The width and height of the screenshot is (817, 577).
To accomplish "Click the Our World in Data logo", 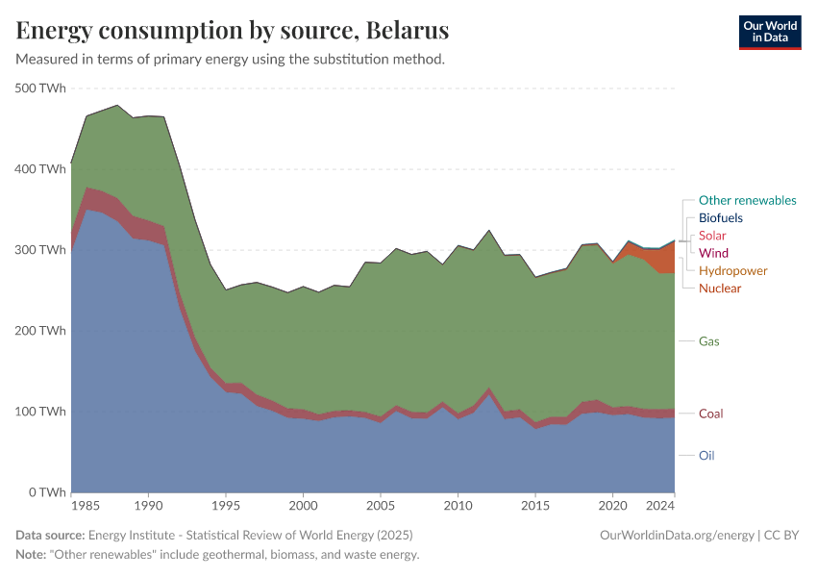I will [769, 32].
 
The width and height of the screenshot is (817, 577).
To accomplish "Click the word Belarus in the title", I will [408, 31].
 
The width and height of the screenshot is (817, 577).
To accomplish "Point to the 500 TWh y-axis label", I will [40, 88].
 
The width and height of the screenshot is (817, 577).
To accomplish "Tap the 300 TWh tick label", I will [40, 250].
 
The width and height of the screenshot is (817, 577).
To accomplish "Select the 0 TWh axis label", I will [46, 492].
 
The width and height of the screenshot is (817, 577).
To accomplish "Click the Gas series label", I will [709, 341].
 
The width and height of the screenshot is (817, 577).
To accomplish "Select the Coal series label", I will [711, 414].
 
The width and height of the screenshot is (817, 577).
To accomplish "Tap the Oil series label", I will [706, 456].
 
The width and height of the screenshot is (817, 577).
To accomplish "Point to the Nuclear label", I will [720, 288].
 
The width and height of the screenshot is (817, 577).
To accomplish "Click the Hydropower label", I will [732, 271].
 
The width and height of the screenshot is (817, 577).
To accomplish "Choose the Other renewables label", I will [747, 201].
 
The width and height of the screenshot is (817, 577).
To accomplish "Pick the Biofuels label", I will [720, 218].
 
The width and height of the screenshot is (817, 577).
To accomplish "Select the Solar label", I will [712, 236].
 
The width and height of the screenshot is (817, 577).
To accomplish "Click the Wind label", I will [713, 253].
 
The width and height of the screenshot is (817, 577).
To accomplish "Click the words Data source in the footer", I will [50, 535].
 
